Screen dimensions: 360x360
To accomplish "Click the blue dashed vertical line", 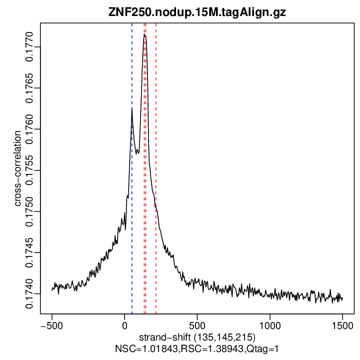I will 132,200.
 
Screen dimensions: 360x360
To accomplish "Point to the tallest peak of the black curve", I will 144,35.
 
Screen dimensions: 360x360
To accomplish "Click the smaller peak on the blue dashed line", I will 131,108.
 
